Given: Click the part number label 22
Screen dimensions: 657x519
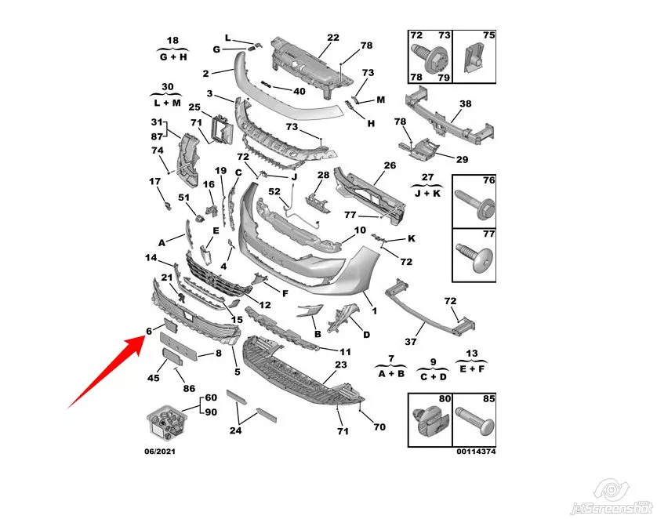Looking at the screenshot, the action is pos(333,38).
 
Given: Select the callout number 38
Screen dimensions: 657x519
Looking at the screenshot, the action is pos(466,103).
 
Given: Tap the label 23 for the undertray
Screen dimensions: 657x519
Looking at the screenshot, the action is pos(341,365).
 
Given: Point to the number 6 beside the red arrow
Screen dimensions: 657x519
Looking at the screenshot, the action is pos(149,332).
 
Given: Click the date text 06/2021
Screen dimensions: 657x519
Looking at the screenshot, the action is pos(160,452).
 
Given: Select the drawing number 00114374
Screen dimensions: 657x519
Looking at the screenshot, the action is pos(476,452).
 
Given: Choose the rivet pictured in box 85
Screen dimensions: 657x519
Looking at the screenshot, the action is pos(475,421).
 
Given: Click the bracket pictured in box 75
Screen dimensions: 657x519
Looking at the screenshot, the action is pos(474,57).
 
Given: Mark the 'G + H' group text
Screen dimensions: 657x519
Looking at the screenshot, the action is pos(173,57).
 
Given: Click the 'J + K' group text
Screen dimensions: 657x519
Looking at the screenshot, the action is pos(428,193).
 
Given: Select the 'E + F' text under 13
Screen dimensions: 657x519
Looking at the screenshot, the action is pos(472,369).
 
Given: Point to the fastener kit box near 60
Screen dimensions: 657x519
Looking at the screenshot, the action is pos(166,423).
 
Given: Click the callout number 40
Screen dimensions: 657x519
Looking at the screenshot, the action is pos(299,91).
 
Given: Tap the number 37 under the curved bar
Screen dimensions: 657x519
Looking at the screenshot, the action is pos(411,342).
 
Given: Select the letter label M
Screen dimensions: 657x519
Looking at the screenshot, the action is pos(380,100).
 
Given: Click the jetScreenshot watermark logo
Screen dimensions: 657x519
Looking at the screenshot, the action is pos(612,498).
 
